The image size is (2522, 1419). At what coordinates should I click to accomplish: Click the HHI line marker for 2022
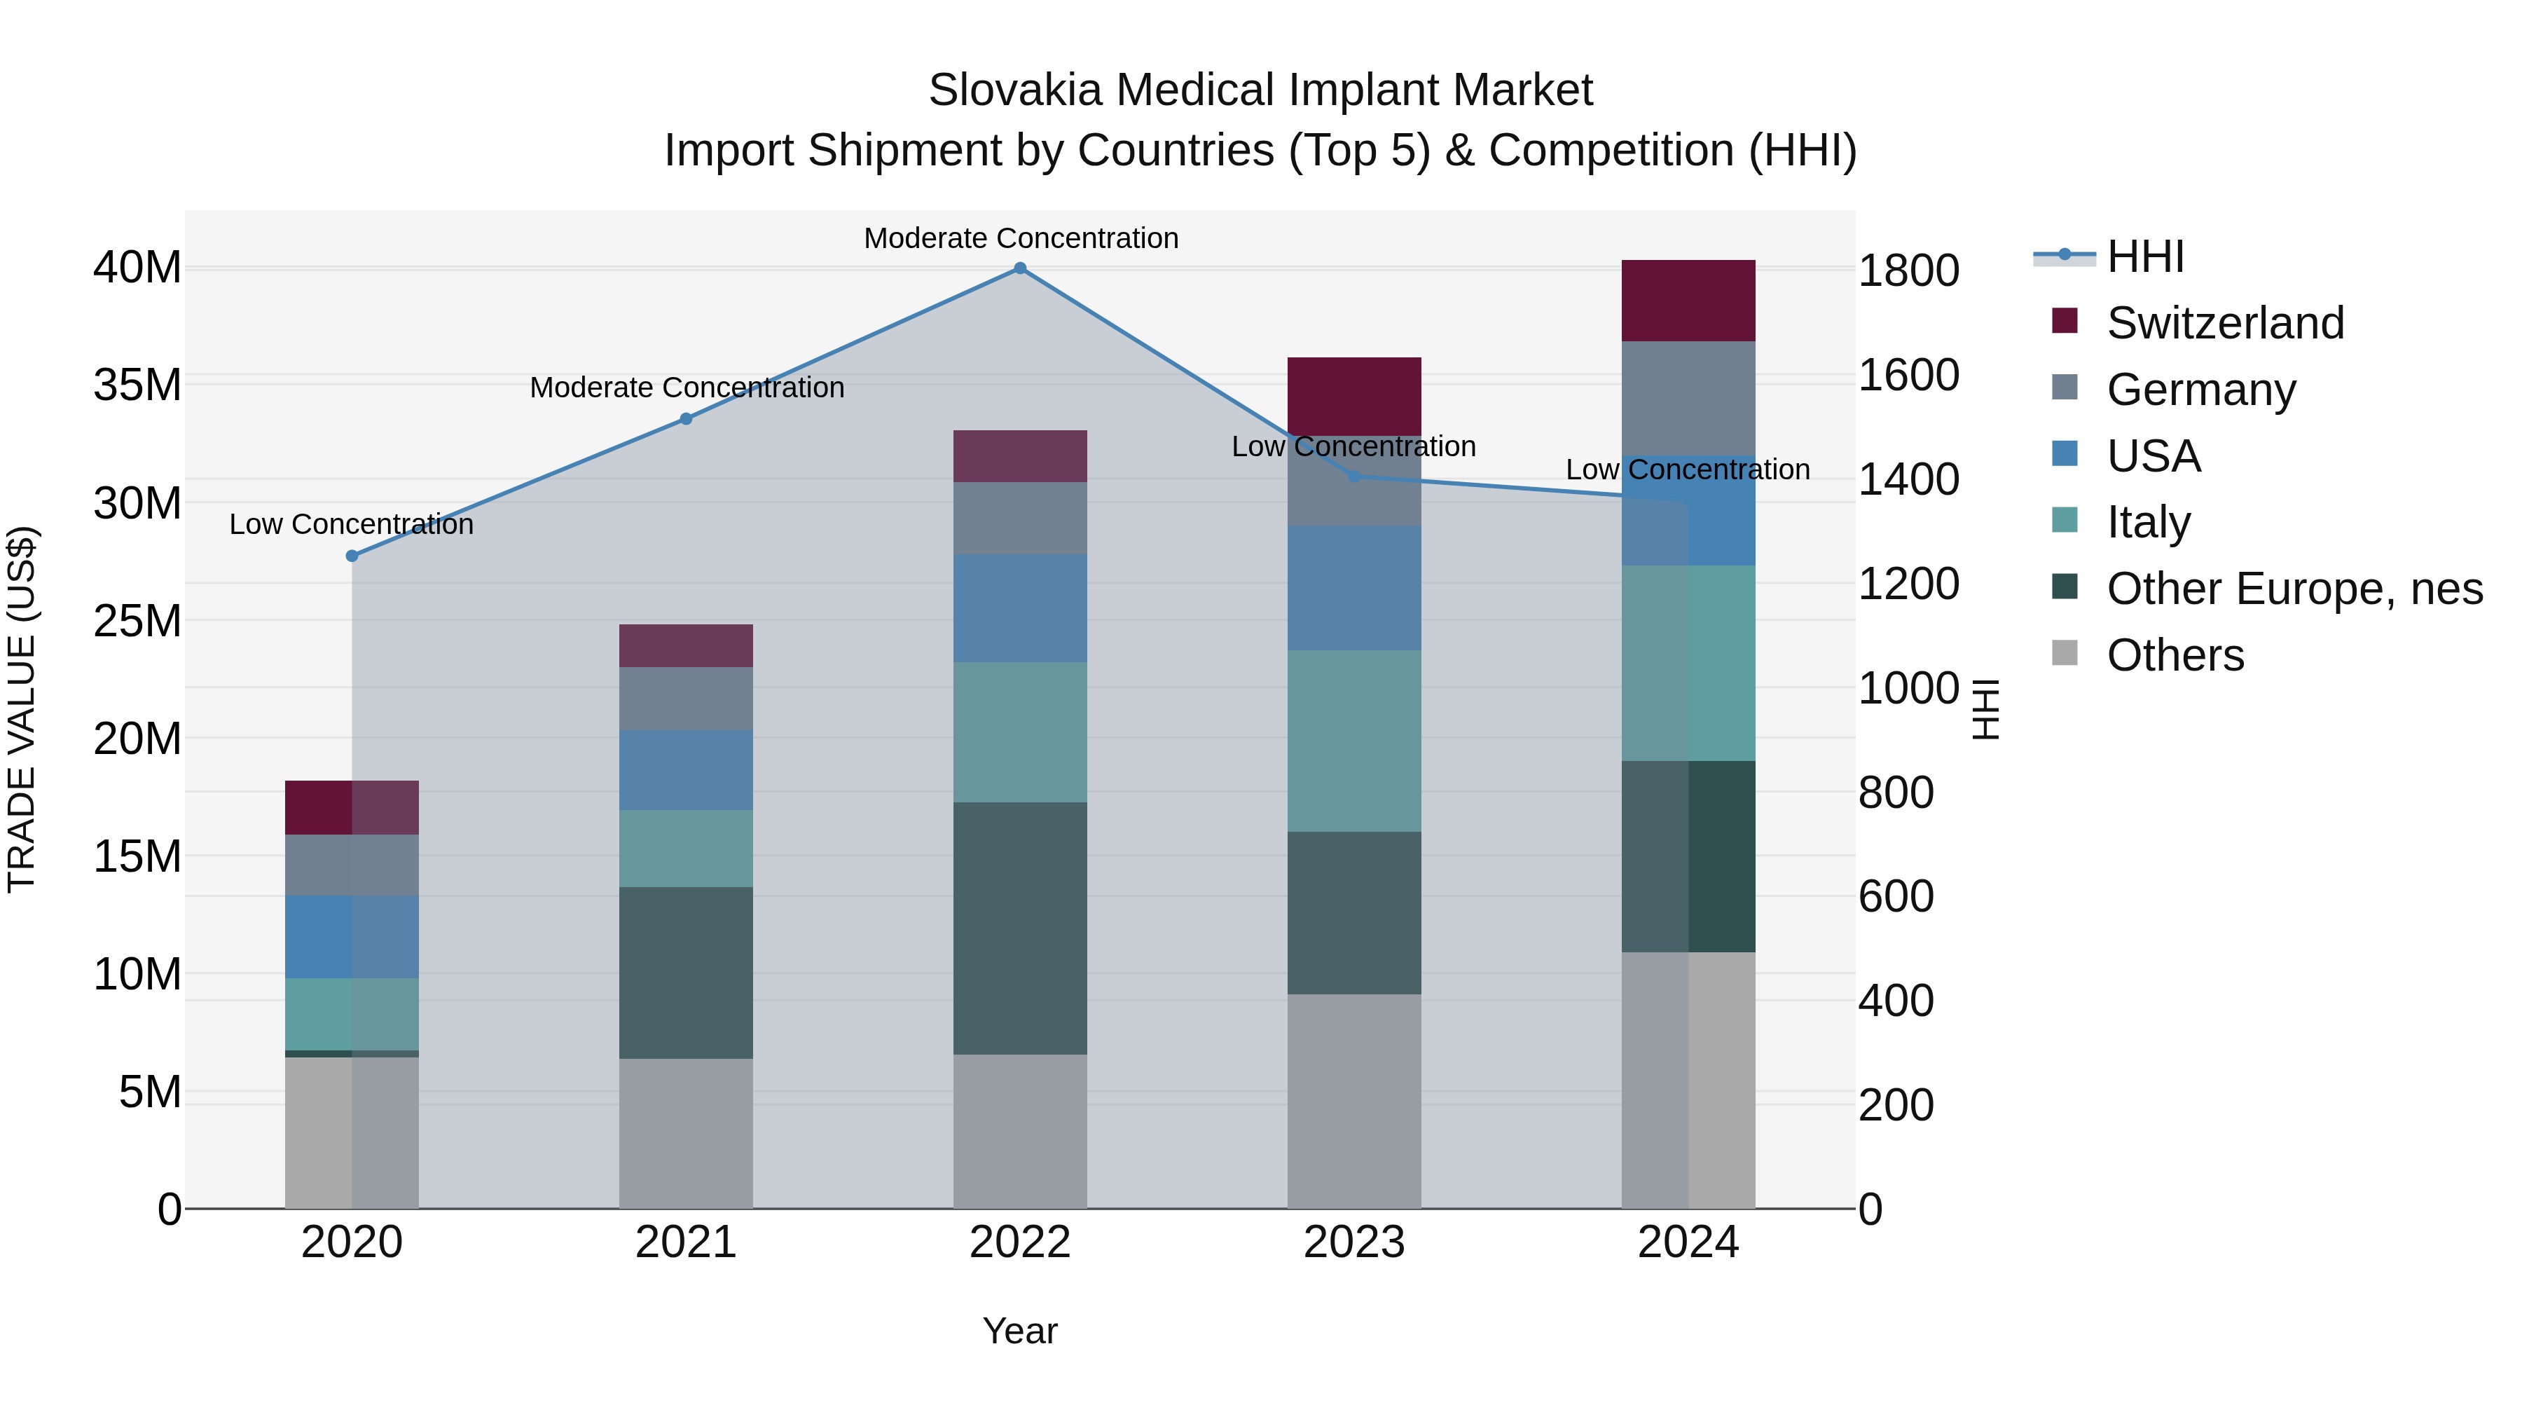click(x=1019, y=268)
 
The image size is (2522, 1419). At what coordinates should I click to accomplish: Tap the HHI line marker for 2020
click(x=352, y=556)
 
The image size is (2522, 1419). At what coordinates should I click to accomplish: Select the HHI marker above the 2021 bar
click(x=687, y=419)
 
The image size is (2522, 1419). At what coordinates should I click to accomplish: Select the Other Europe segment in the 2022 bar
click(x=1019, y=928)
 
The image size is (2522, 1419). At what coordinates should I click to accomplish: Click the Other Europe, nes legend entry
click(x=2294, y=589)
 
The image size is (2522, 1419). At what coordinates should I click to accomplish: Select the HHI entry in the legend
click(x=2145, y=256)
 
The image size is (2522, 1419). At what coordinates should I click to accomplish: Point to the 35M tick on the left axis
click(x=137, y=385)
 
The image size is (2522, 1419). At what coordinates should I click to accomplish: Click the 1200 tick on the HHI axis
click(x=1908, y=584)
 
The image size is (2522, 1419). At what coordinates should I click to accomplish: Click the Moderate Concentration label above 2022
click(x=1020, y=238)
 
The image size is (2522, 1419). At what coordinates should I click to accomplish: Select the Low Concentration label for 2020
click(x=352, y=524)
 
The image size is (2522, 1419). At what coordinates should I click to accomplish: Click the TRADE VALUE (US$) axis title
click(x=22, y=709)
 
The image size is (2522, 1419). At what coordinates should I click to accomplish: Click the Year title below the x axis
click(x=1019, y=1331)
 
